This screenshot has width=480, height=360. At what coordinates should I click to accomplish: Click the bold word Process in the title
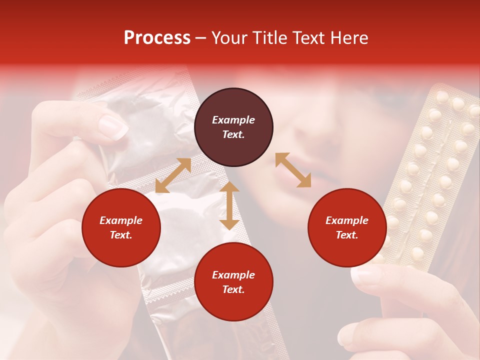157,38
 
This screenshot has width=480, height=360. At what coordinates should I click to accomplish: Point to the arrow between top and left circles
173,175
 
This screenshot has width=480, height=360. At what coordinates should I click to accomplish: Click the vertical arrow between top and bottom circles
229,205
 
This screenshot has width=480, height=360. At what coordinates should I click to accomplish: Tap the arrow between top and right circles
293,170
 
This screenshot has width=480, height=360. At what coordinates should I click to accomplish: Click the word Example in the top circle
233,120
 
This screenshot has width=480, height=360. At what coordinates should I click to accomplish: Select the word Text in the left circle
121,235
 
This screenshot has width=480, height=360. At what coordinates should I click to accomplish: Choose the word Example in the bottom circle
233,275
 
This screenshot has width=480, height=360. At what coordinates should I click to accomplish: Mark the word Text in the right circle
347,235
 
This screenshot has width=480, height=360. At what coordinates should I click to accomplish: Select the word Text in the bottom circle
233,289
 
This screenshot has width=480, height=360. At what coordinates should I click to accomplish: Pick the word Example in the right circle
347,220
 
